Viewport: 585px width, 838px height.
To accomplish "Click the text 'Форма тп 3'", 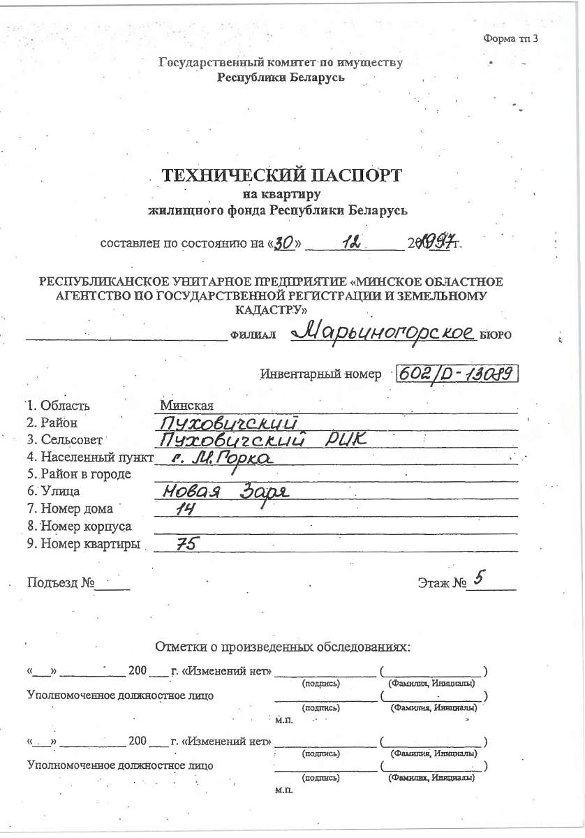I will click(x=510, y=38).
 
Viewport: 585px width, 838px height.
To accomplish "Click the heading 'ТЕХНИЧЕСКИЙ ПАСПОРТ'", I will click(x=282, y=175).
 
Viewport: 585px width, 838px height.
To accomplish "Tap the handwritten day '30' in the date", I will click(x=283, y=243).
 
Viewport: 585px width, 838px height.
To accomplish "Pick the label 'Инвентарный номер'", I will click(x=320, y=374).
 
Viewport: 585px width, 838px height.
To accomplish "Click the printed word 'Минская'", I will click(x=186, y=406).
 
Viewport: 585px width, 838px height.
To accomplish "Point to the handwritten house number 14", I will click(x=184, y=510).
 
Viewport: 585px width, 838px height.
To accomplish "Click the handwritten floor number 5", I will click(x=478, y=578).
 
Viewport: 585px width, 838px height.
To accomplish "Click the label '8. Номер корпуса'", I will click(x=79, y=526).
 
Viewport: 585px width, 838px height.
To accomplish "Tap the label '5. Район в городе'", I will click(x=79, y=475).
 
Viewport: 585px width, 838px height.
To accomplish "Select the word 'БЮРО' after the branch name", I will click(x=496, y=335).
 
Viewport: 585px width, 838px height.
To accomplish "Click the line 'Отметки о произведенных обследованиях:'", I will click(x=282, y=647).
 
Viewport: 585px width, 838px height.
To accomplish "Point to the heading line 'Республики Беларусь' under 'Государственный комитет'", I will click(x=281, y=78).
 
